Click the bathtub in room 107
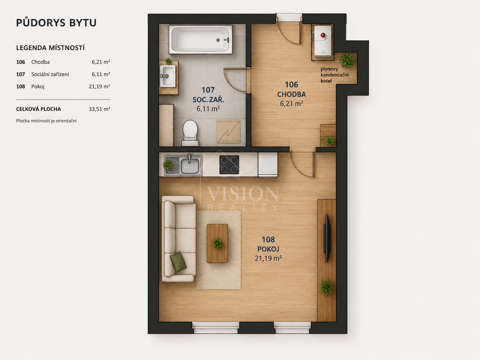(201, 40)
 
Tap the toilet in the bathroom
(190, 133)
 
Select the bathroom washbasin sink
(168, 76)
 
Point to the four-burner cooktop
(229, 165)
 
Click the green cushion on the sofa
(178, 262)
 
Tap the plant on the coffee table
(217, 244)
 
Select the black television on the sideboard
(327, 238)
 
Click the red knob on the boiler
(322, 35)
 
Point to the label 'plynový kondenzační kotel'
(335, 75)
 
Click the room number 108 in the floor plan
(268, 240)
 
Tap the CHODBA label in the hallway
(292, 94)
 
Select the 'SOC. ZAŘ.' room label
(208, 99)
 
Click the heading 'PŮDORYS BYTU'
(56, 22)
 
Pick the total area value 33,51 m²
(99, 109)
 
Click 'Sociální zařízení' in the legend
(50, 75)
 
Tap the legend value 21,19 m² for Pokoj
(99, 87)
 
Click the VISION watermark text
(243, 194)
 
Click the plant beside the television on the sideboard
(327, 287)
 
